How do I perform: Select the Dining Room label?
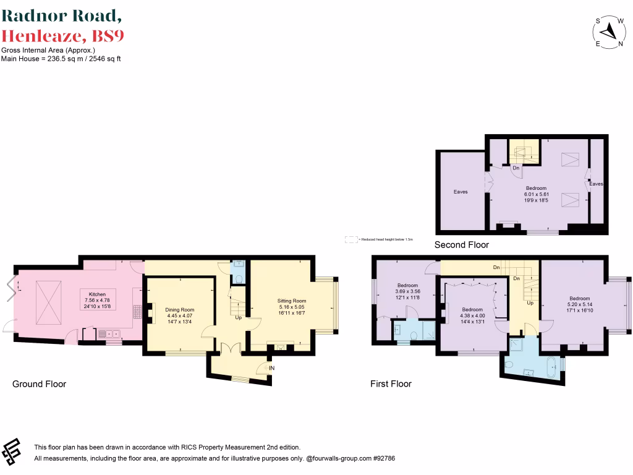179,309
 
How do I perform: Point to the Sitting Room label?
291,301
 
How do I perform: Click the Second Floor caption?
461,245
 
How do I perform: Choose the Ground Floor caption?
39,384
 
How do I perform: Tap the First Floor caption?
391,384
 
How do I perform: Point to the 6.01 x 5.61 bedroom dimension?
536,194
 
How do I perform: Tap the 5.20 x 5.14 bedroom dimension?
579,304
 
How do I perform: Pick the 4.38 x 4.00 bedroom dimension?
472,315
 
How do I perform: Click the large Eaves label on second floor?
461,192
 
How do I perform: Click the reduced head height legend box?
350,239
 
